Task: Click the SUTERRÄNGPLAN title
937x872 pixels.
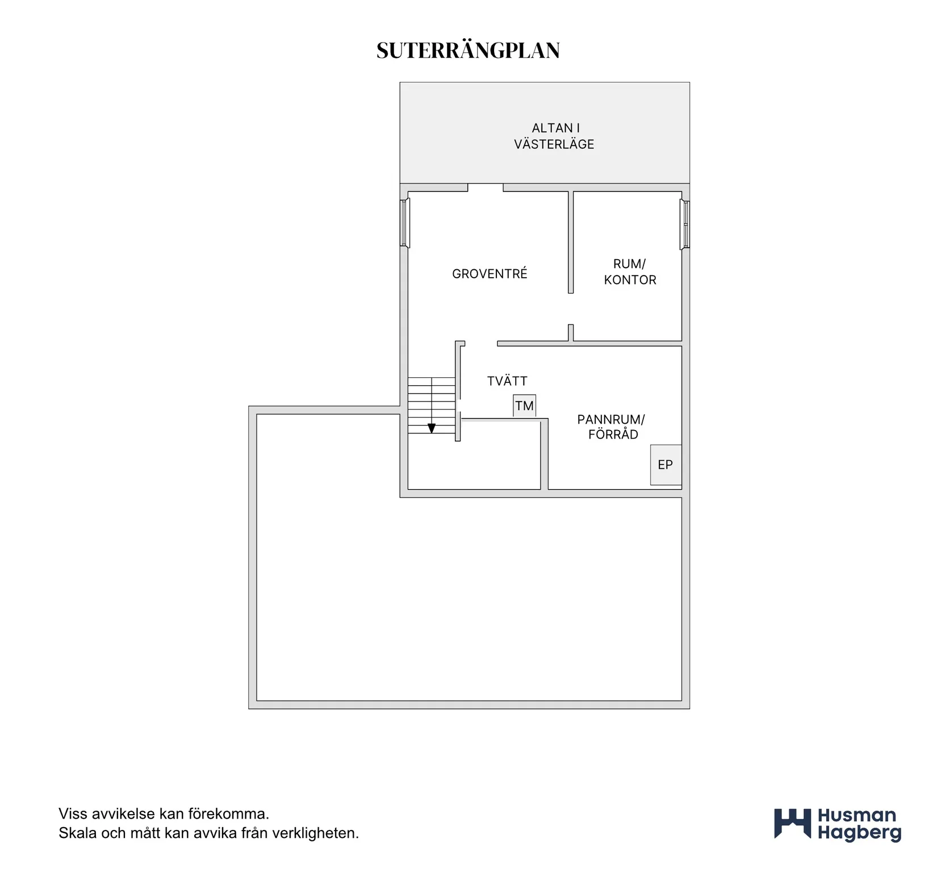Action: click(468, 51)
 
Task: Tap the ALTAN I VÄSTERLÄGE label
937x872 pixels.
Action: click(554, 136)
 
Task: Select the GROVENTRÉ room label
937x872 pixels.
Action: click(490, 274)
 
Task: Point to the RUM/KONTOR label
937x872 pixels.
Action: click(630, 272)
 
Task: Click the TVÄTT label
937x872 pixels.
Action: click(507, 381)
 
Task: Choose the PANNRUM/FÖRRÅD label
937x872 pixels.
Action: click(612, 427)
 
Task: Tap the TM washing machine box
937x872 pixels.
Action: click(524, 406)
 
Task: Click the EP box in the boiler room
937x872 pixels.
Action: click(666, 465)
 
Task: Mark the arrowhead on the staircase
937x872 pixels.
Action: click(432, 428)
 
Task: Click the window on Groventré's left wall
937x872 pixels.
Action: click(405, 223)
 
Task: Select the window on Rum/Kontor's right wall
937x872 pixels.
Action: click(685, 225)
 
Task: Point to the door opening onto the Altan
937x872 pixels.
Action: click(486, 187)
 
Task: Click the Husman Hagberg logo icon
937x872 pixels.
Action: click(793, 824)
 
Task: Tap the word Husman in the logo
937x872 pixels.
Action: click(857, 816)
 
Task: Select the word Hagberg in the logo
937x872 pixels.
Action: click(859, 833)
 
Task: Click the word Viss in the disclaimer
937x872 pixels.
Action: click(73, 813)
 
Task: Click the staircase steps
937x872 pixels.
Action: click(432, 406)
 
